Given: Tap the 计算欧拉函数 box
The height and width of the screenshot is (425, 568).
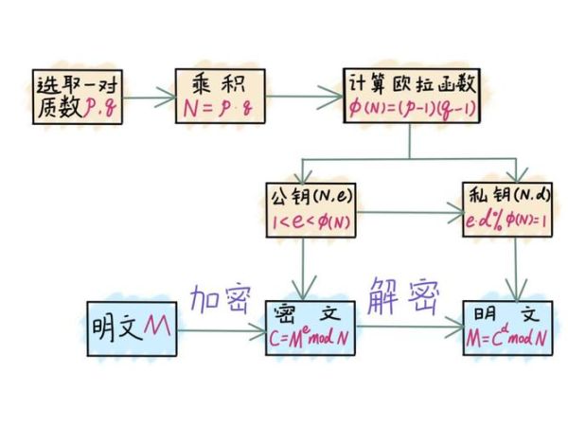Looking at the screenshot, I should click(411, 97).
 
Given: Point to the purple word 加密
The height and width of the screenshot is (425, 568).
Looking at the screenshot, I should click(220, 299).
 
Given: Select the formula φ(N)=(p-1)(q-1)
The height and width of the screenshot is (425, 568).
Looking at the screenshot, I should click(411, 109).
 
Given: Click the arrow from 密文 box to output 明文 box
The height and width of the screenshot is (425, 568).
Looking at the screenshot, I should click(408, 328).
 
